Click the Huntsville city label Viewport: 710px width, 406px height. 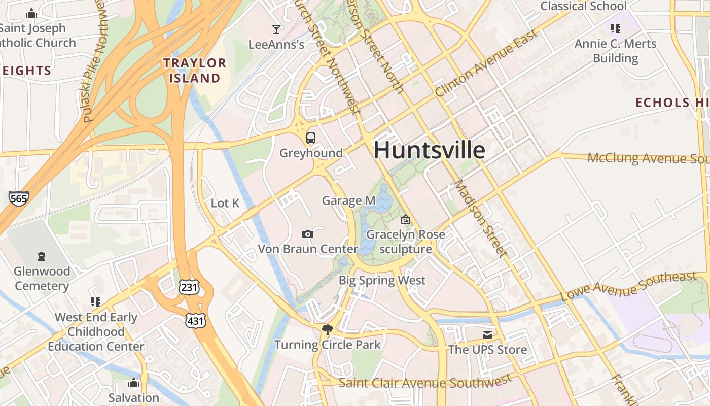429,151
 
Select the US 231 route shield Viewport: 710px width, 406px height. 189,287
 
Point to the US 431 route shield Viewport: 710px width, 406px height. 196,321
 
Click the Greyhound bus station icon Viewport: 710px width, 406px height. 311,138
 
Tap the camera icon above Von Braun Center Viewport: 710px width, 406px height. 307,234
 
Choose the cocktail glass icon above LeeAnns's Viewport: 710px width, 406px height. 276,29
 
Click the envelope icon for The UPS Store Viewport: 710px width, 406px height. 487,335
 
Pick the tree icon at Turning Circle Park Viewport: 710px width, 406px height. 328,330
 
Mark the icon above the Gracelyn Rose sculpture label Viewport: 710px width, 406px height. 405,220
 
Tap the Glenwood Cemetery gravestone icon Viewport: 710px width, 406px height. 42,256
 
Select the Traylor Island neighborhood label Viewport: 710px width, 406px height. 195,71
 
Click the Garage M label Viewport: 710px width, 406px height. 349,201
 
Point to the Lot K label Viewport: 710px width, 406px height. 225,204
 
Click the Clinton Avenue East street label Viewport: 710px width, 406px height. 486,64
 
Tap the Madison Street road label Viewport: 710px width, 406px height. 480,218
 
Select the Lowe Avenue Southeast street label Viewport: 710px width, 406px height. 628,287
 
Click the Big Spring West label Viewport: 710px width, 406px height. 382,280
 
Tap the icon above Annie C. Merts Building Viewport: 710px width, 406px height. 616,28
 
